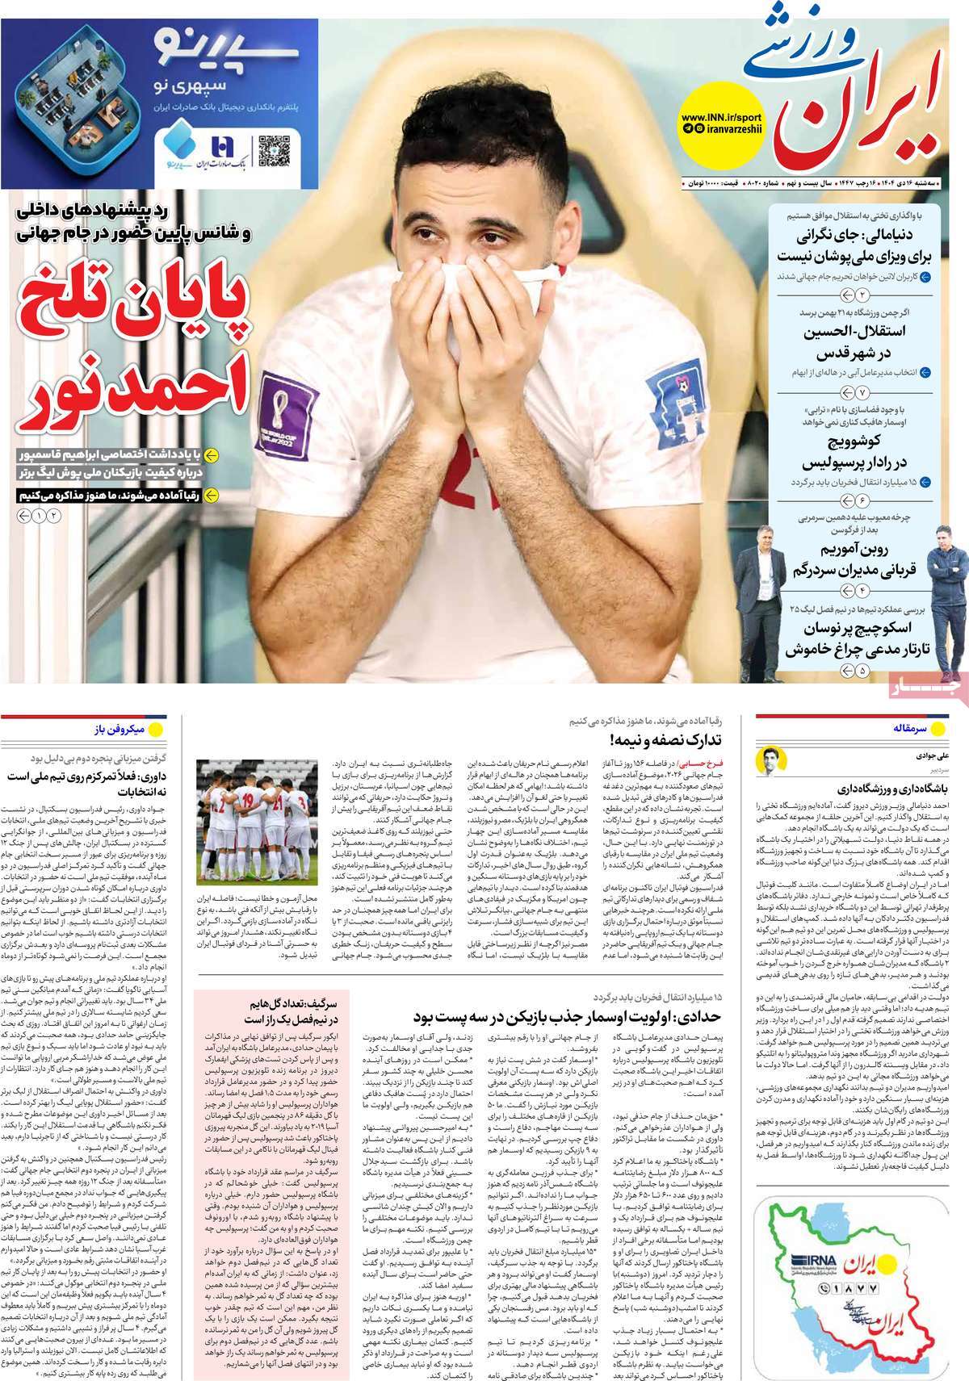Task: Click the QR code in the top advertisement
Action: tap(274, 150)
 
